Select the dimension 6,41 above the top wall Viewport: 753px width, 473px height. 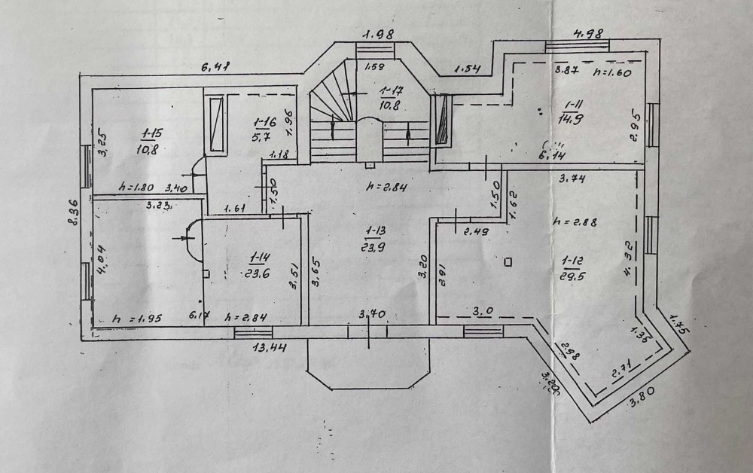215,67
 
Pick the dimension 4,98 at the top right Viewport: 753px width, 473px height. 590,34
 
